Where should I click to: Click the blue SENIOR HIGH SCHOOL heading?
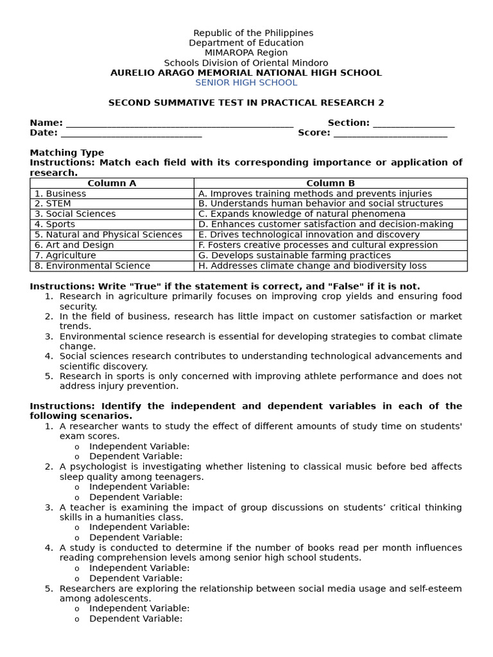(246, 83)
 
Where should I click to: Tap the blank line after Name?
(180, 124)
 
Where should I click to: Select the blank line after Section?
(413, 124)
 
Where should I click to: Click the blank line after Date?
(131, 134)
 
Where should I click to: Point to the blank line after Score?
(390, 134)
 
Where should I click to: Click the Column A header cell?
(112, 183)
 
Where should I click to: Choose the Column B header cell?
(330, 183)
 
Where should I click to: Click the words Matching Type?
(67, 153)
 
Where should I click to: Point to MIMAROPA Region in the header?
(246, 53)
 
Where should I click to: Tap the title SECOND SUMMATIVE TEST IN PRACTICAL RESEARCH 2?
(246, 103)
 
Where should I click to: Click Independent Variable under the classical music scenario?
(139, 487)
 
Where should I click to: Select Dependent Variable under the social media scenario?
(136, 619)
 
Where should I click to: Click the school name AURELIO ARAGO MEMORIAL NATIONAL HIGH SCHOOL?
(246, 73)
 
